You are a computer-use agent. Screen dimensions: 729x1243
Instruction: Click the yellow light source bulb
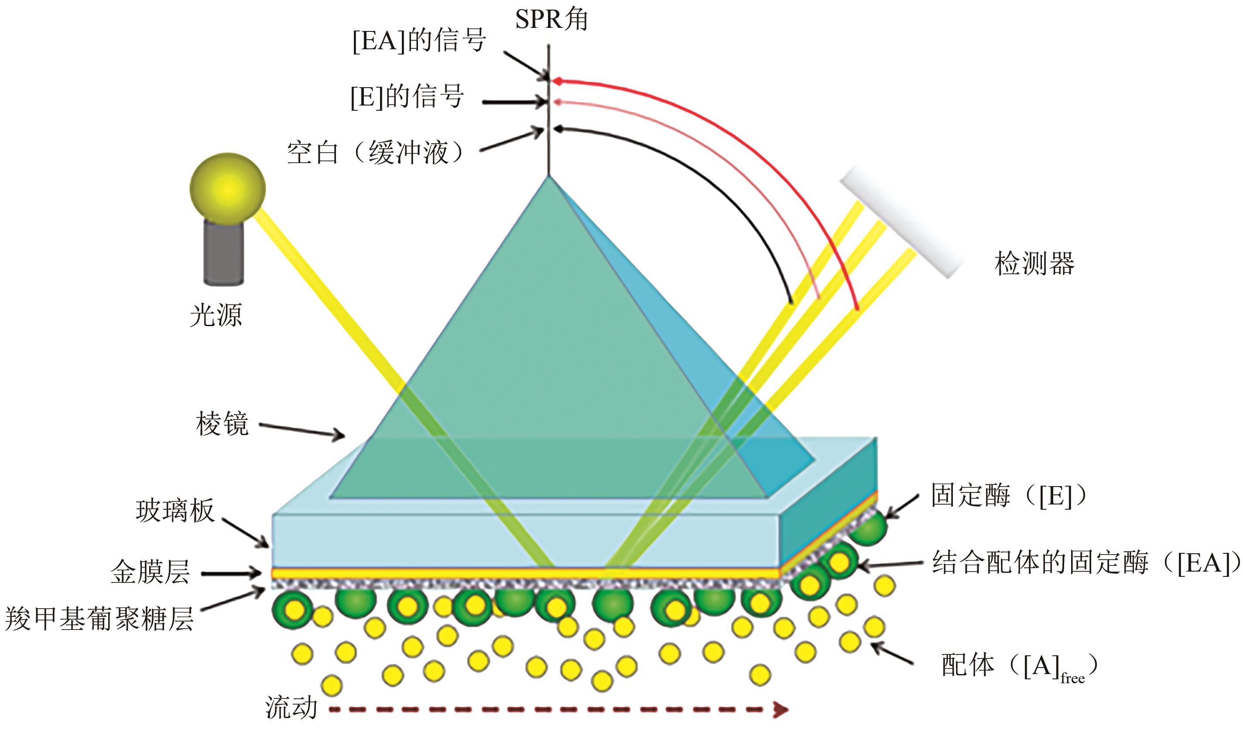click(x=227, y=189)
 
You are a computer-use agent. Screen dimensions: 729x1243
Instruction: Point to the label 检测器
click(x=1034, y=264)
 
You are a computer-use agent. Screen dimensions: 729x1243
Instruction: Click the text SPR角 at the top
click(x=551, y=20)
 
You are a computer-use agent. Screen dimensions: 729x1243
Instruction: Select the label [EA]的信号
click(x=419, y=41)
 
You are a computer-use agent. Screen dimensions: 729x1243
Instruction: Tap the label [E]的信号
click(x=407, y=97)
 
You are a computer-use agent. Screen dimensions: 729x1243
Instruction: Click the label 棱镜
click(x=222, y=424)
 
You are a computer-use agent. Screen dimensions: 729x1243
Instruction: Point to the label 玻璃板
click(x=175, y=511)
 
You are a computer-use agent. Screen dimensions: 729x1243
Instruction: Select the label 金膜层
click(x=150, y=573)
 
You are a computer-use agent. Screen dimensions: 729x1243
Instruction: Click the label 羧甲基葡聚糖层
click(x=99, y=618)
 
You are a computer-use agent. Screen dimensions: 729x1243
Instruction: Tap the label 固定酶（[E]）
click(x=1009, y=495)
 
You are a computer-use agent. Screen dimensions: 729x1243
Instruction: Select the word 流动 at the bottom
click(x=291, y=708)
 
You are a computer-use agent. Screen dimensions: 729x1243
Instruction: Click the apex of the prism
click(x=548, y=177)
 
